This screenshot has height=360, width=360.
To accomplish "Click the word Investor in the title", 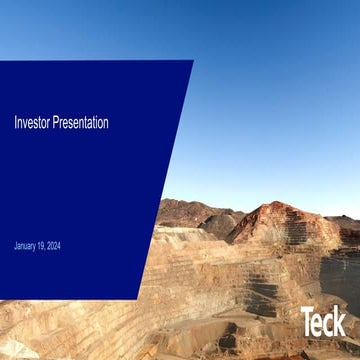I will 30,123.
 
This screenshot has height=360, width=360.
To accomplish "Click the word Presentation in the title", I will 79,123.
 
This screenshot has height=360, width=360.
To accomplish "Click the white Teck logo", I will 323,321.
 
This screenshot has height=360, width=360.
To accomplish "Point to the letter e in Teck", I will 319,324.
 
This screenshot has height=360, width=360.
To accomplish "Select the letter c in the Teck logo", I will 329,324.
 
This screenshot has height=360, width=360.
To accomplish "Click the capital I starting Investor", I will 15,123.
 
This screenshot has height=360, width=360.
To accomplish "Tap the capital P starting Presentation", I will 54,123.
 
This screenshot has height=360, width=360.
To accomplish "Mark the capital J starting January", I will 16,246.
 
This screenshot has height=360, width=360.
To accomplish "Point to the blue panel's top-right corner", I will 193,61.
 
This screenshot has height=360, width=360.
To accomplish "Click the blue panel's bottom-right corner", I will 138,299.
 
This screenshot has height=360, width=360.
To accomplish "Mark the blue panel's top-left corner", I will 1,62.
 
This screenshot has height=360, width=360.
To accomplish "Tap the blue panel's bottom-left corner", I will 1,298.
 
